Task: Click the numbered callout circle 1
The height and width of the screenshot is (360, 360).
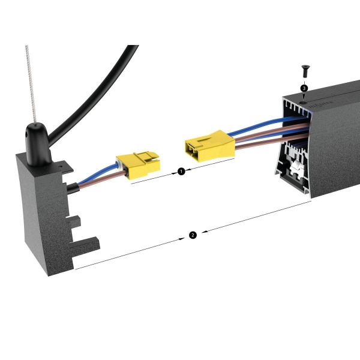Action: (181, 171)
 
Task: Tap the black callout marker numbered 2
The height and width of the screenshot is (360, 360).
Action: (193, 235)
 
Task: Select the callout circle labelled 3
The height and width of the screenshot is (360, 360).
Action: (304, 88)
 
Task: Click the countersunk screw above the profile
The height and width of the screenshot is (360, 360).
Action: (305, 71)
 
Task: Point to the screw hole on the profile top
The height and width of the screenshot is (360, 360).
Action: (303, 103)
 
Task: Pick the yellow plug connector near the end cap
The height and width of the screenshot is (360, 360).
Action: (138, 164)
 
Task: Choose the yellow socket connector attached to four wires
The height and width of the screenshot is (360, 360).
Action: (209, 146)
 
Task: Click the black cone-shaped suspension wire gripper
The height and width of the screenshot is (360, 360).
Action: (38, 145)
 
